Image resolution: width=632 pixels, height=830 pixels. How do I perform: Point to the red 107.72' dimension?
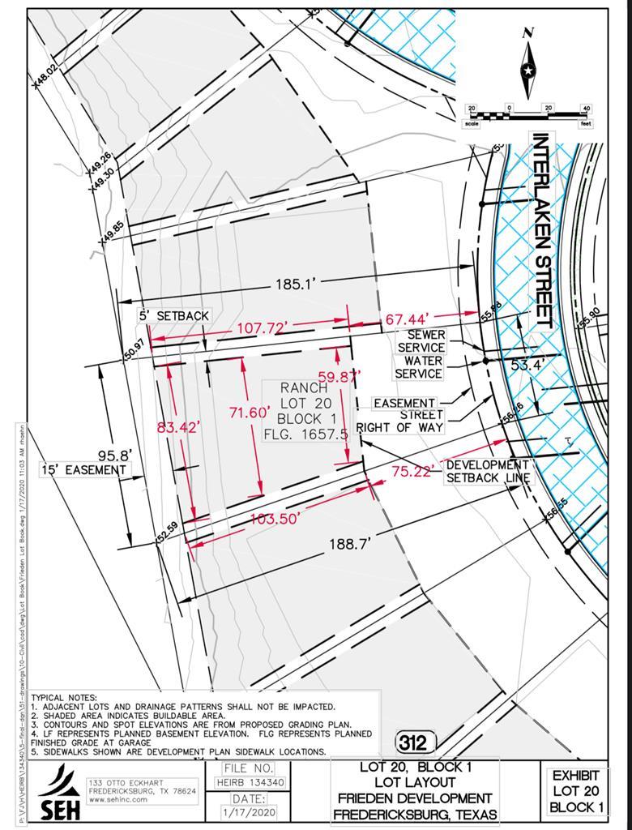pos(263,328)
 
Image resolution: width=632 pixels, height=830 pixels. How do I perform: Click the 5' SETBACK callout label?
pos(175,315)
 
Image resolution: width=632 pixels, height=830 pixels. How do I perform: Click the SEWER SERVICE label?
pos(425,341)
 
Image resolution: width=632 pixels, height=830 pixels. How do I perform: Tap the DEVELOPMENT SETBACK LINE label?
pos(488,471)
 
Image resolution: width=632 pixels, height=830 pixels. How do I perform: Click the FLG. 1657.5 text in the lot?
pos(305,434)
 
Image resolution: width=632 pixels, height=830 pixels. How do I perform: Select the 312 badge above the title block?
pos(416,741)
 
